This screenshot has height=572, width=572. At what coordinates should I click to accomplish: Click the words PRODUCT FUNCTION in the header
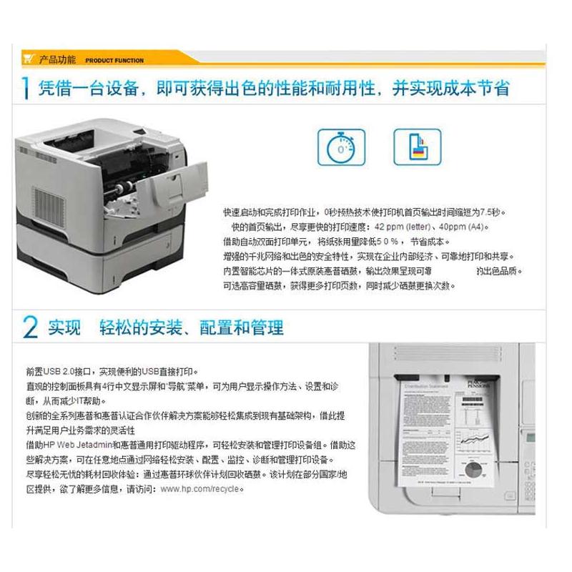[x=114, y=61]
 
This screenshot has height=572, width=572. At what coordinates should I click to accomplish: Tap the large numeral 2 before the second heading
[x=30, y=327]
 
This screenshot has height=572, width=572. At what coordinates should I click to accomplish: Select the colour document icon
[x=417, y=147]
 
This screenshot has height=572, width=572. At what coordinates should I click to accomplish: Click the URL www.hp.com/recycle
[x=202, y=489]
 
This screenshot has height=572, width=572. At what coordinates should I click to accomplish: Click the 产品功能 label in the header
[x=57, y=60]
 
